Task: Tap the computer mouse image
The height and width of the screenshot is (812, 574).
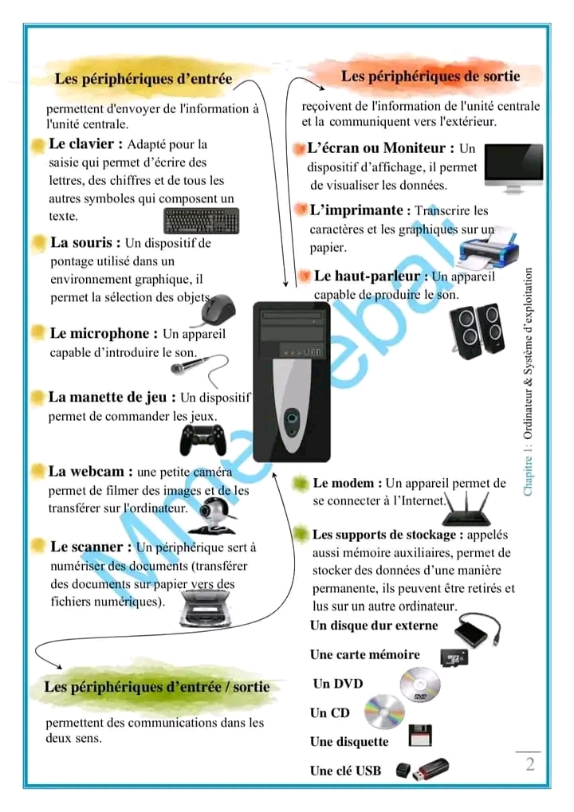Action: click(218, 309)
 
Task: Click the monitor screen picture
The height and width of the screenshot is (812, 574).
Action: click(513, 167)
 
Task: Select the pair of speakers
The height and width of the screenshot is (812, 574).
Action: click(476, 328)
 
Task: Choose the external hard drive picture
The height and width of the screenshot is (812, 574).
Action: click(477, 631)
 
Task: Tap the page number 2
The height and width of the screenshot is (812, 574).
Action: click(529, 764)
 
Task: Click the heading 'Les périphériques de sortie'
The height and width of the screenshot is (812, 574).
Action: click(431, 76)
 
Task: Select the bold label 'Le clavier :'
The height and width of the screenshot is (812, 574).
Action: click(86, 144)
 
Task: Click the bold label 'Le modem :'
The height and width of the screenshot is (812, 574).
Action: click(347, 483)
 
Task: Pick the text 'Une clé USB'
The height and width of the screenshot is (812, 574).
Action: click(345, 771)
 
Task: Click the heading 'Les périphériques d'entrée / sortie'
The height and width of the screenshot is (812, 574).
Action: click(157, 686)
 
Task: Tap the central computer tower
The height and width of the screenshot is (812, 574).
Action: click(291, 382)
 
